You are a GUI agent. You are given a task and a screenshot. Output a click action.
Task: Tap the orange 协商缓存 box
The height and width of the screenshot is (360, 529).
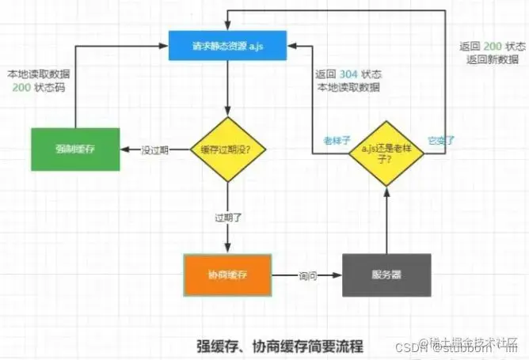pos(227,275)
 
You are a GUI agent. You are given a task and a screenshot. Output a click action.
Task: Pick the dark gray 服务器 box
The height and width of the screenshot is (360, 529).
pos(386,275)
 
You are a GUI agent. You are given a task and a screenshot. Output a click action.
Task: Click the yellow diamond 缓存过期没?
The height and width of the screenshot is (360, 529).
pos(226,149)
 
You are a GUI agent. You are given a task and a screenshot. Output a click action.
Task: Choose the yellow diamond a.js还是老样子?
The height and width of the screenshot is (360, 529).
pos(386,148)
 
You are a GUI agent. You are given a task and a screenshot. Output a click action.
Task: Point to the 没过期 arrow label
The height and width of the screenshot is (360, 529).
pos(154,149)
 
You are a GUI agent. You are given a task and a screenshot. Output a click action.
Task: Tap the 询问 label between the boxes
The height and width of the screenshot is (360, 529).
pos(308,276)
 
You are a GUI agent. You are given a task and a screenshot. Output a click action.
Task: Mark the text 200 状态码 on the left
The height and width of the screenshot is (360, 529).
pos(38,87)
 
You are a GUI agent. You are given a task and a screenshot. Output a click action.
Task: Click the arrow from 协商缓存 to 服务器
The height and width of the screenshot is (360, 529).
pos(306,275)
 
